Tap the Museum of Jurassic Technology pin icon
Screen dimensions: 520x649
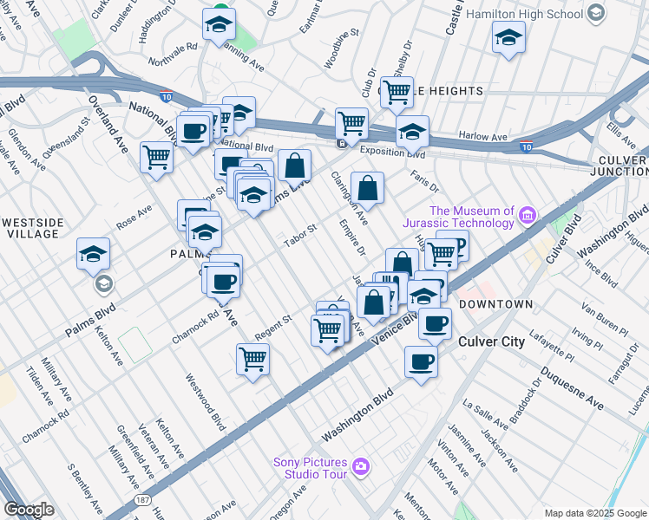pyautogui.click(x=527, y=214)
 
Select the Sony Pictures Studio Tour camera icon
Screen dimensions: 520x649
pyautogui.click(x=361, y=469)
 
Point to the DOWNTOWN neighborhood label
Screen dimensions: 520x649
pyautogui.click(x=495, y=305)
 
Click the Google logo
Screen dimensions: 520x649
pyautogui.click(x=29, y=510)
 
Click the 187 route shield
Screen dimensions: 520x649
pyautogui.click(x=142, y=502)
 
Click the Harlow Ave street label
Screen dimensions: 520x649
pyautogui.click(x=482, y=136)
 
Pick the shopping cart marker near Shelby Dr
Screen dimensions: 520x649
pyautogui.click(x=397, y=90)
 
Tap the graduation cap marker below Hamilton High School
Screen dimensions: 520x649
pyautogui.click(x=508, y=37)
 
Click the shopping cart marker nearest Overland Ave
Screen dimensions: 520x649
pyautogui.click(x=156, y=157)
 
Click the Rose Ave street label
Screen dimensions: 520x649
pyautogui.click(x=134, y=216)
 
